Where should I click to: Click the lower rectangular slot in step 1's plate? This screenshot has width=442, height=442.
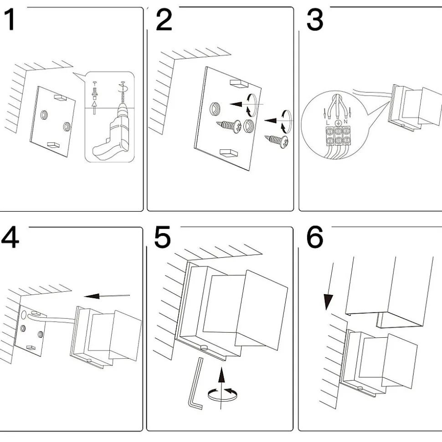tap(54, 145)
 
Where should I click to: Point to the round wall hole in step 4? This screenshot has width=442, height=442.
tap(23, 314)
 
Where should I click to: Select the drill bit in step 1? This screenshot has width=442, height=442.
tap(122, 96)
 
